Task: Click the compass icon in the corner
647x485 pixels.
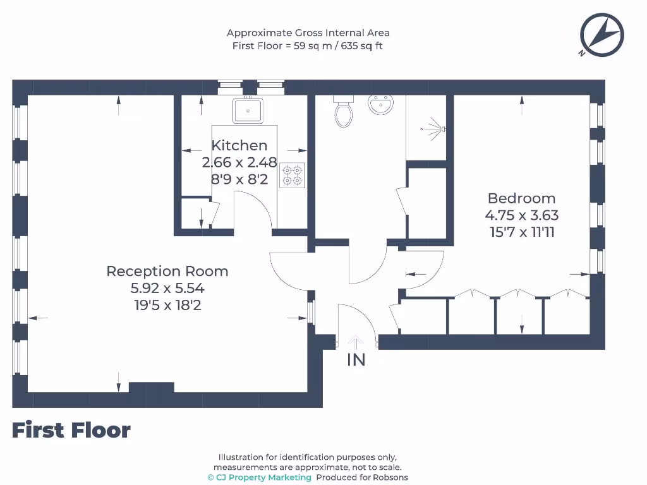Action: click(x=602, y=34)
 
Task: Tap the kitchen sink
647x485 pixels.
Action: click(x=248, y=111)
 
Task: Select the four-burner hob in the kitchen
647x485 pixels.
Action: click(x=293, y=175)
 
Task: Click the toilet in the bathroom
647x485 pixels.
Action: click(x=344, y=112)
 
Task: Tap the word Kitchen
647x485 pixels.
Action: click(x=239, y=145)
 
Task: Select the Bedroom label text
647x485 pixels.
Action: click(x=521, y=198)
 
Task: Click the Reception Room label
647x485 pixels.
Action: click(x=167, y=272)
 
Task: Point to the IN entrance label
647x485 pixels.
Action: click(x=356, y=361)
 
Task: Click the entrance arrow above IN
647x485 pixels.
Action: click(x=356, y=342)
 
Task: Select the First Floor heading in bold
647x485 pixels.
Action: click(x=71, y=430)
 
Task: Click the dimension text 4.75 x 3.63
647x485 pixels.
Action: click(x=521, y=215)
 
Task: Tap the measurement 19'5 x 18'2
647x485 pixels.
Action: click(x=167, y=306)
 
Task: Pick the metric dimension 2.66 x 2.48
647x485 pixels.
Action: click(x=239, y=162)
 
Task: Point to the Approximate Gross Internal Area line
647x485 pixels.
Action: click(x=308, y=33)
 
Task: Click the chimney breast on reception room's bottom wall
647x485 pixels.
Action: click(x=151, y=387)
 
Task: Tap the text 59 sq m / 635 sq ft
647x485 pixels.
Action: click(x=339, y=45)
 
